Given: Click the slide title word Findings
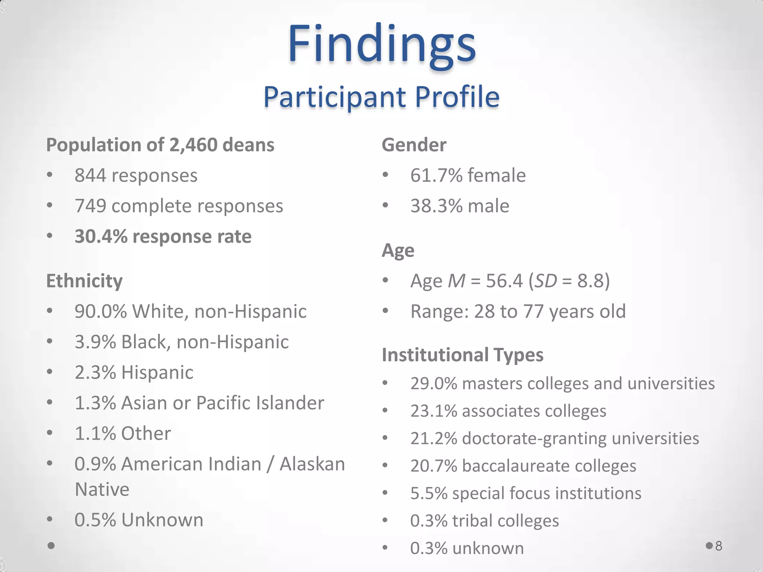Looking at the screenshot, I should click(381, 44).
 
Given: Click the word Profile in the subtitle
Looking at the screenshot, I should click(457, 97).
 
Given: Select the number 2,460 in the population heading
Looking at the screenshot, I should click(193, 145).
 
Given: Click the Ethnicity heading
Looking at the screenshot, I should click(84, 281).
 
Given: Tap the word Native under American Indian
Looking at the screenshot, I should click(102, 489).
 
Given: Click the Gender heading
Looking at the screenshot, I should click(414, 145).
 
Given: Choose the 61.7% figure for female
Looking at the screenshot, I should click(436, 175).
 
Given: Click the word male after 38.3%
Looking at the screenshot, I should click(488, 206).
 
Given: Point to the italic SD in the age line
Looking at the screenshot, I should click(545, 281).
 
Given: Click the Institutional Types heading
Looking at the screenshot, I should click(463, 355).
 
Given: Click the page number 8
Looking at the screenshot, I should click(719, 546).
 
